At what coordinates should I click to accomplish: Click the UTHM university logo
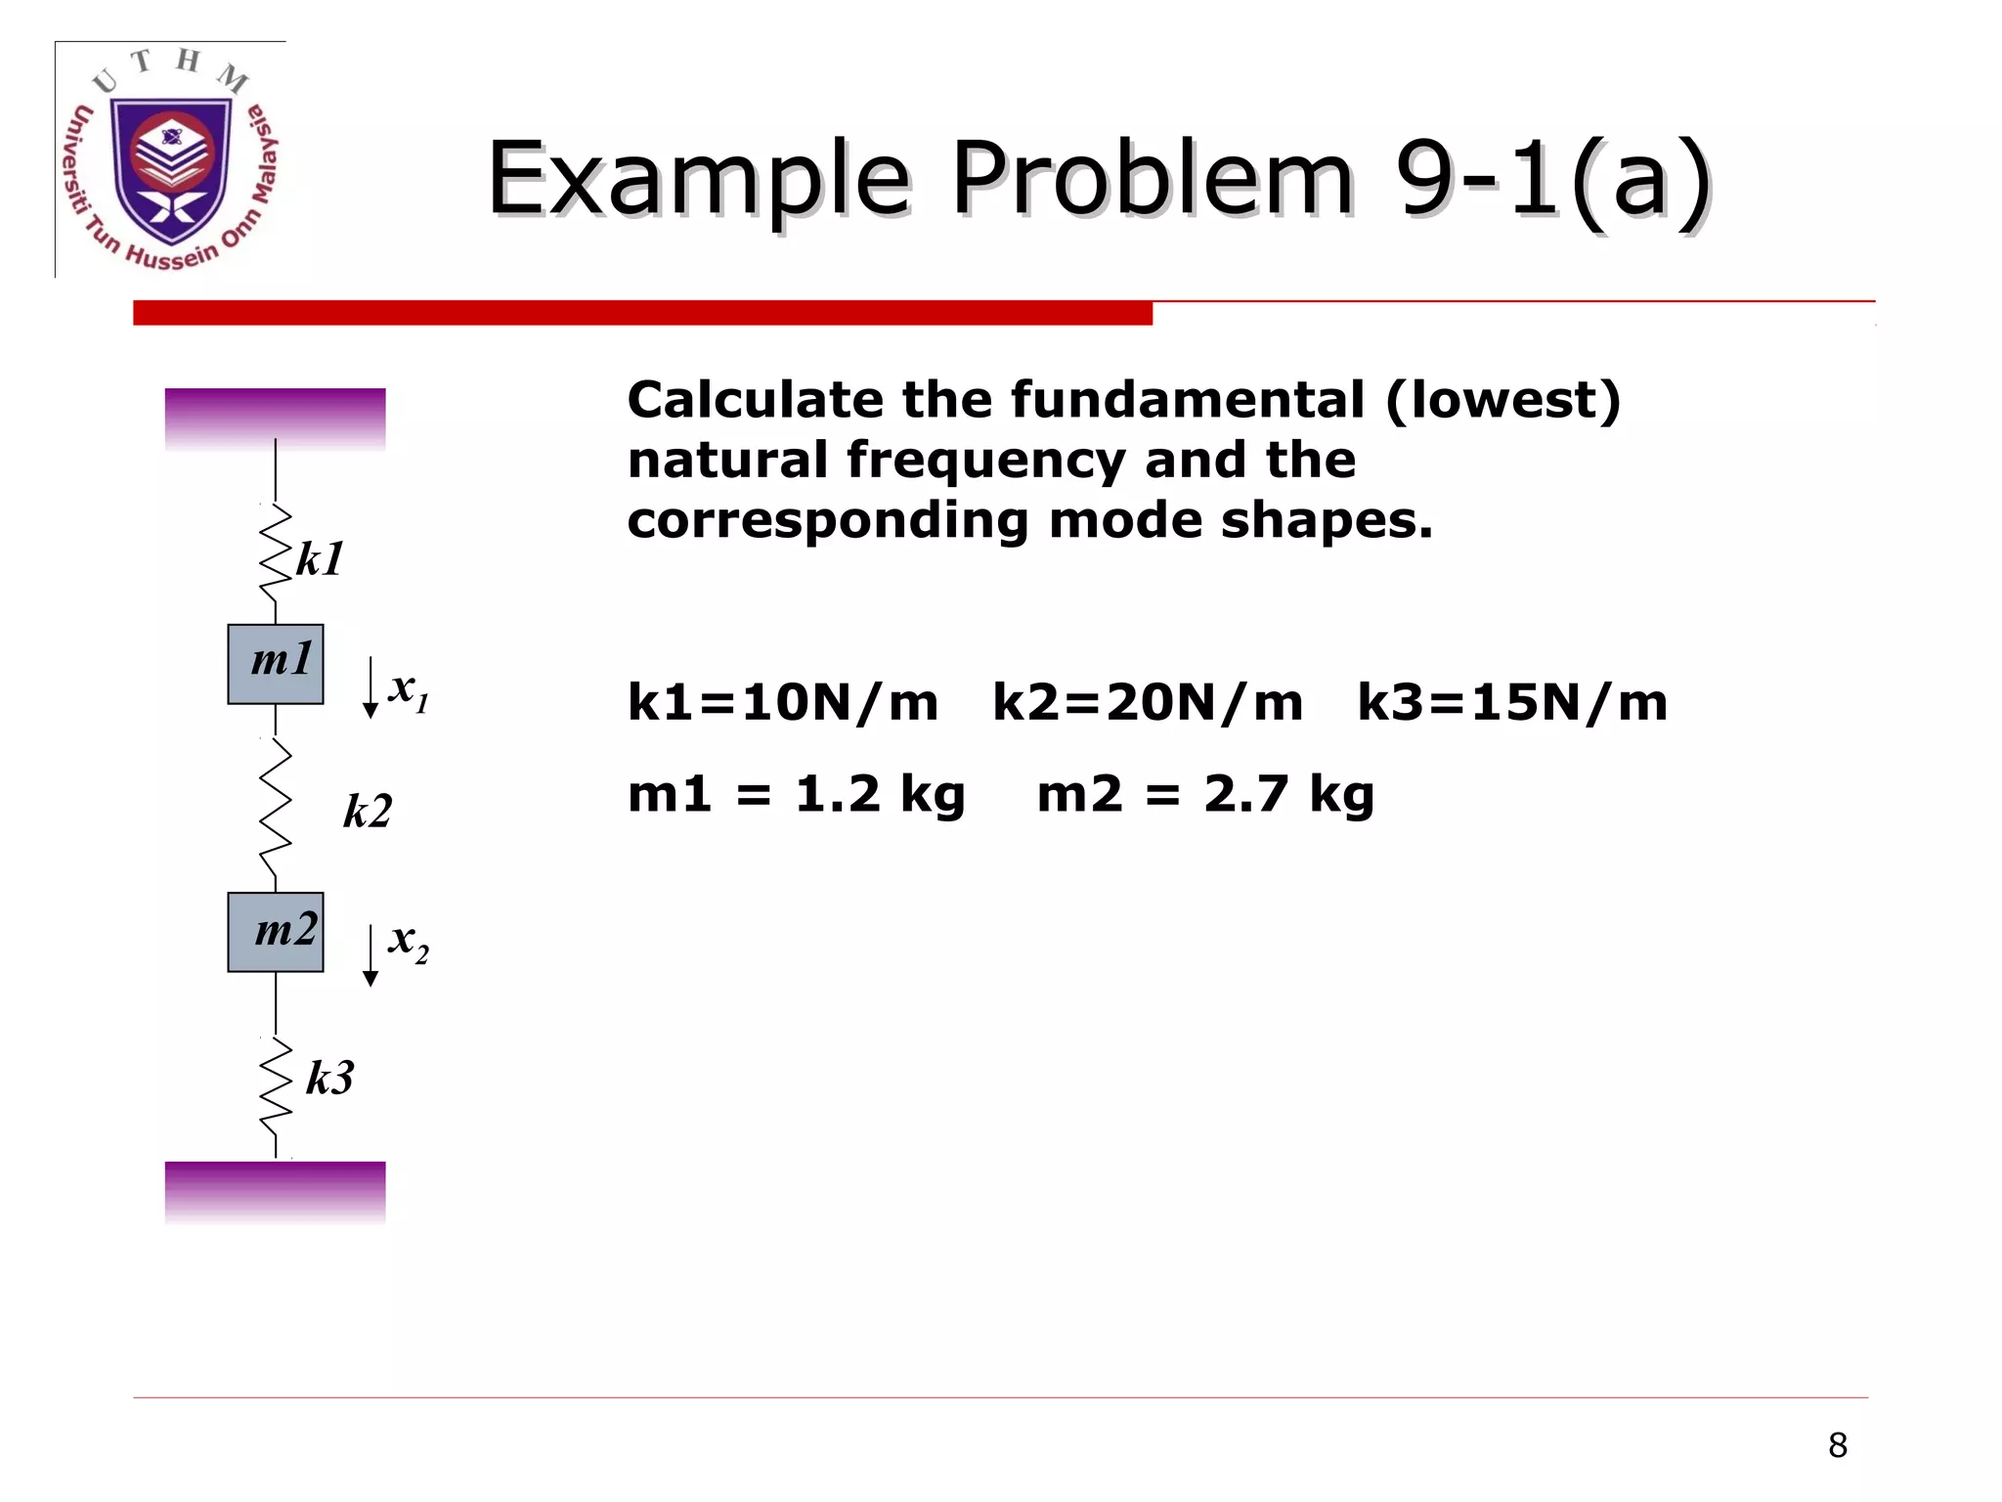click(172, 160)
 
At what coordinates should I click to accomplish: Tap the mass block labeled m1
click(276, 664)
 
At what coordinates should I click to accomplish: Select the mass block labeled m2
click(276, 932)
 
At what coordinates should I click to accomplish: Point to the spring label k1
click(320, 560)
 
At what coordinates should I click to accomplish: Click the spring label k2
click(368, 812)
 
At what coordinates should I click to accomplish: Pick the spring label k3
click(329, 1079)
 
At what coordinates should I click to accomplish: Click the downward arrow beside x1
click(370, 687)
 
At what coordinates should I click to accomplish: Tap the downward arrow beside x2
click(370, 955)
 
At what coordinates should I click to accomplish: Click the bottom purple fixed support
click(275, 1190)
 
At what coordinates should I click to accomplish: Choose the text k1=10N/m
click(782, 703)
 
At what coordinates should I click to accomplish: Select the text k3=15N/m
click(1511, 703)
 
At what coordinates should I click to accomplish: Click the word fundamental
click(1187, 400)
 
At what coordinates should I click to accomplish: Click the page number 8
click(1838, 1445)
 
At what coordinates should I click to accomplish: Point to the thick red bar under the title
click(642, 313)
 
